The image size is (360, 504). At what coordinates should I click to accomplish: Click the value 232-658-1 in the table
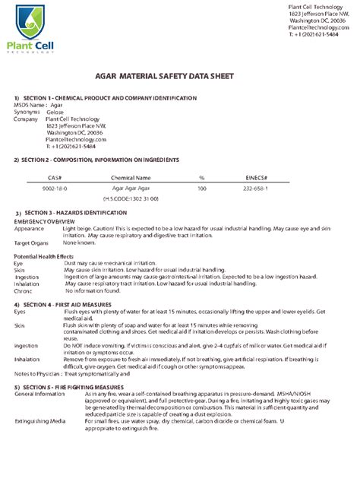coord(254,187)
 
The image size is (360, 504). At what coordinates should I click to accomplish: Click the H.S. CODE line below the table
coord(131,198)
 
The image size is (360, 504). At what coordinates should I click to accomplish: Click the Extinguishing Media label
coord(39,420)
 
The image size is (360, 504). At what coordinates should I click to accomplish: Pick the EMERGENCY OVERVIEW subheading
coord(45,220)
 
